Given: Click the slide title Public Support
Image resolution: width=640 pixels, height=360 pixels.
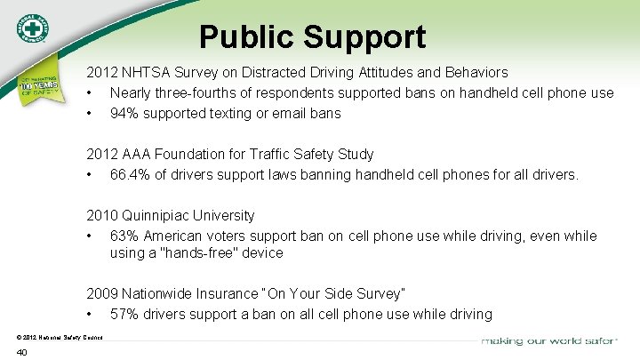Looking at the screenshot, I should tap(312, 37).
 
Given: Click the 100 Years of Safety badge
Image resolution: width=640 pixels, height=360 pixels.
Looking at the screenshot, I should tap(37, 82).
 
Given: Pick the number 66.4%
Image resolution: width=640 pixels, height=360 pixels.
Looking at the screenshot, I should tap(130, 175).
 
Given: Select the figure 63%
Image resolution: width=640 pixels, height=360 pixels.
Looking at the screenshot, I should tap(124, 236).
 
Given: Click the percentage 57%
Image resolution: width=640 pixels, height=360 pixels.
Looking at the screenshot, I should tap(124, 314).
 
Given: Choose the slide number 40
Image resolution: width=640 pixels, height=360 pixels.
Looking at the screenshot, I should tap(22, 353).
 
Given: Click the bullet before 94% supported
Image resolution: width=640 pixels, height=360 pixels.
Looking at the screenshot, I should tap(91, 114).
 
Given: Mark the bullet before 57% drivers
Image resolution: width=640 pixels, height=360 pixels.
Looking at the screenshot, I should tap(91, 314).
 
